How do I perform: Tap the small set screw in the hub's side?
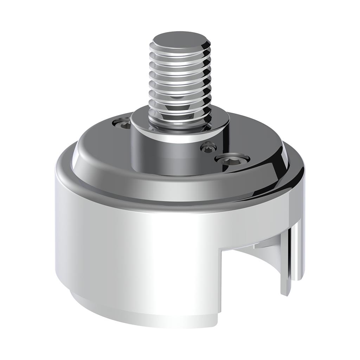207,147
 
